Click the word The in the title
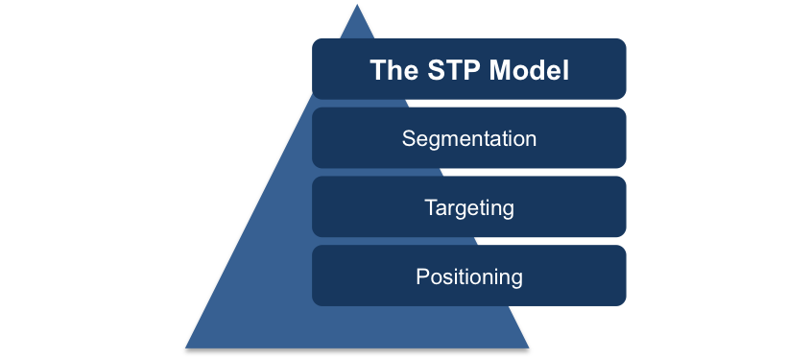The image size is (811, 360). pyautogui.click(x=394, y=70)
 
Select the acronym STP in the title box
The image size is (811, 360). pyautogui.click(x=453, y=70)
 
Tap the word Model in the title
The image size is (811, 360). pyautogui.click(x=529, y=70)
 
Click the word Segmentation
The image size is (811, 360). pyautogui.click(x=469, y=138)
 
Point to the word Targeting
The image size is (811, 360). pyautogui.click(x=469, y=208)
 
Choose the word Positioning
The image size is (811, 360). pyautogui.click(x=469, y=276)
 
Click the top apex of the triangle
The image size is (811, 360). pyautogui.click(x=357, y=5)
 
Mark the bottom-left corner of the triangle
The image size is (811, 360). pyautogui.click(x=185, y=348)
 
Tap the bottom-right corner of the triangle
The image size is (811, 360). pyautogui.click(x=529, y=348)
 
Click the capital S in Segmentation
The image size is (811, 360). pyautogui.click(x=409, y=138)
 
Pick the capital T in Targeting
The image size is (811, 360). pyautogui.click(x=431, y=207)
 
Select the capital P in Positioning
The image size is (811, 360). pyautogui.click(x=423, y=276)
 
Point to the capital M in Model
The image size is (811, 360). pyautogui.click(x=500, y=70)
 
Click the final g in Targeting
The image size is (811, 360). pyautogui.click(x=508, y=210)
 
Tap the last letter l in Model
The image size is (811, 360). pyautogui.click(x=566, y=70)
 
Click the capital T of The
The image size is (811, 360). pyautogui.click(x=378, y=70)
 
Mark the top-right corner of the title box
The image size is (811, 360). pyautogui.click(x=626, y=38)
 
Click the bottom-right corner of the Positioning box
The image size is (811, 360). pyautogui.click(x=626, y=305)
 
